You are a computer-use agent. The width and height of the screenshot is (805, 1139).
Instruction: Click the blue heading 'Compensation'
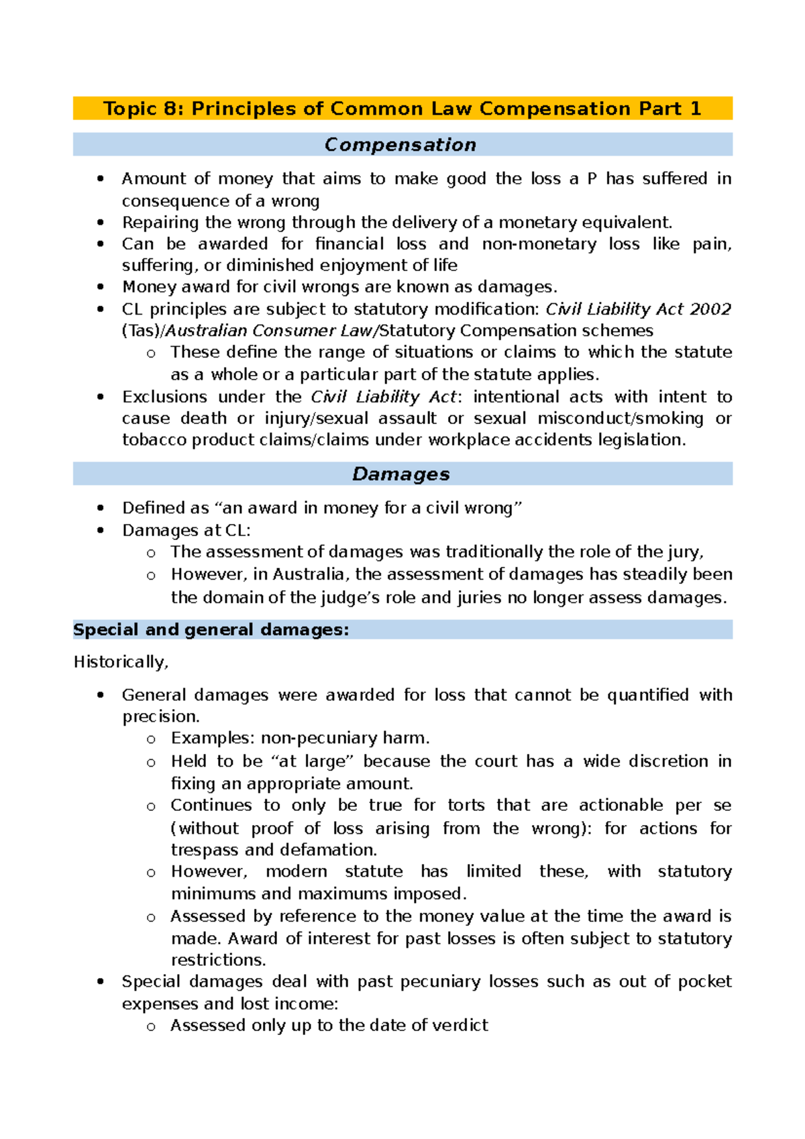coord(400,145)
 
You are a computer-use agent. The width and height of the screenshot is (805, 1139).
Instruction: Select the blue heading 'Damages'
coord(400,474)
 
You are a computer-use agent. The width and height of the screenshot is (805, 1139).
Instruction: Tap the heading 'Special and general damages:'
coord(211,630)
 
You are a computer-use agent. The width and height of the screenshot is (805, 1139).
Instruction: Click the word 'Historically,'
coord(121,662)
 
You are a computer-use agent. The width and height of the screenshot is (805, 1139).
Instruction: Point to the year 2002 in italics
coord(710,309)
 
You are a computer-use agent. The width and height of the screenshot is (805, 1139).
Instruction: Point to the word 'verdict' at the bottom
coord(460,1026)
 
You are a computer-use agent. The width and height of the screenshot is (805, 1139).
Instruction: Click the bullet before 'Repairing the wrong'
coord(101,223)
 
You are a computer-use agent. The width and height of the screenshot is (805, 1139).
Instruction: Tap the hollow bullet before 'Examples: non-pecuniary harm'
coord(151,739)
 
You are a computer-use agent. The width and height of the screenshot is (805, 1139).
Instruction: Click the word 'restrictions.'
coord(219,960)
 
